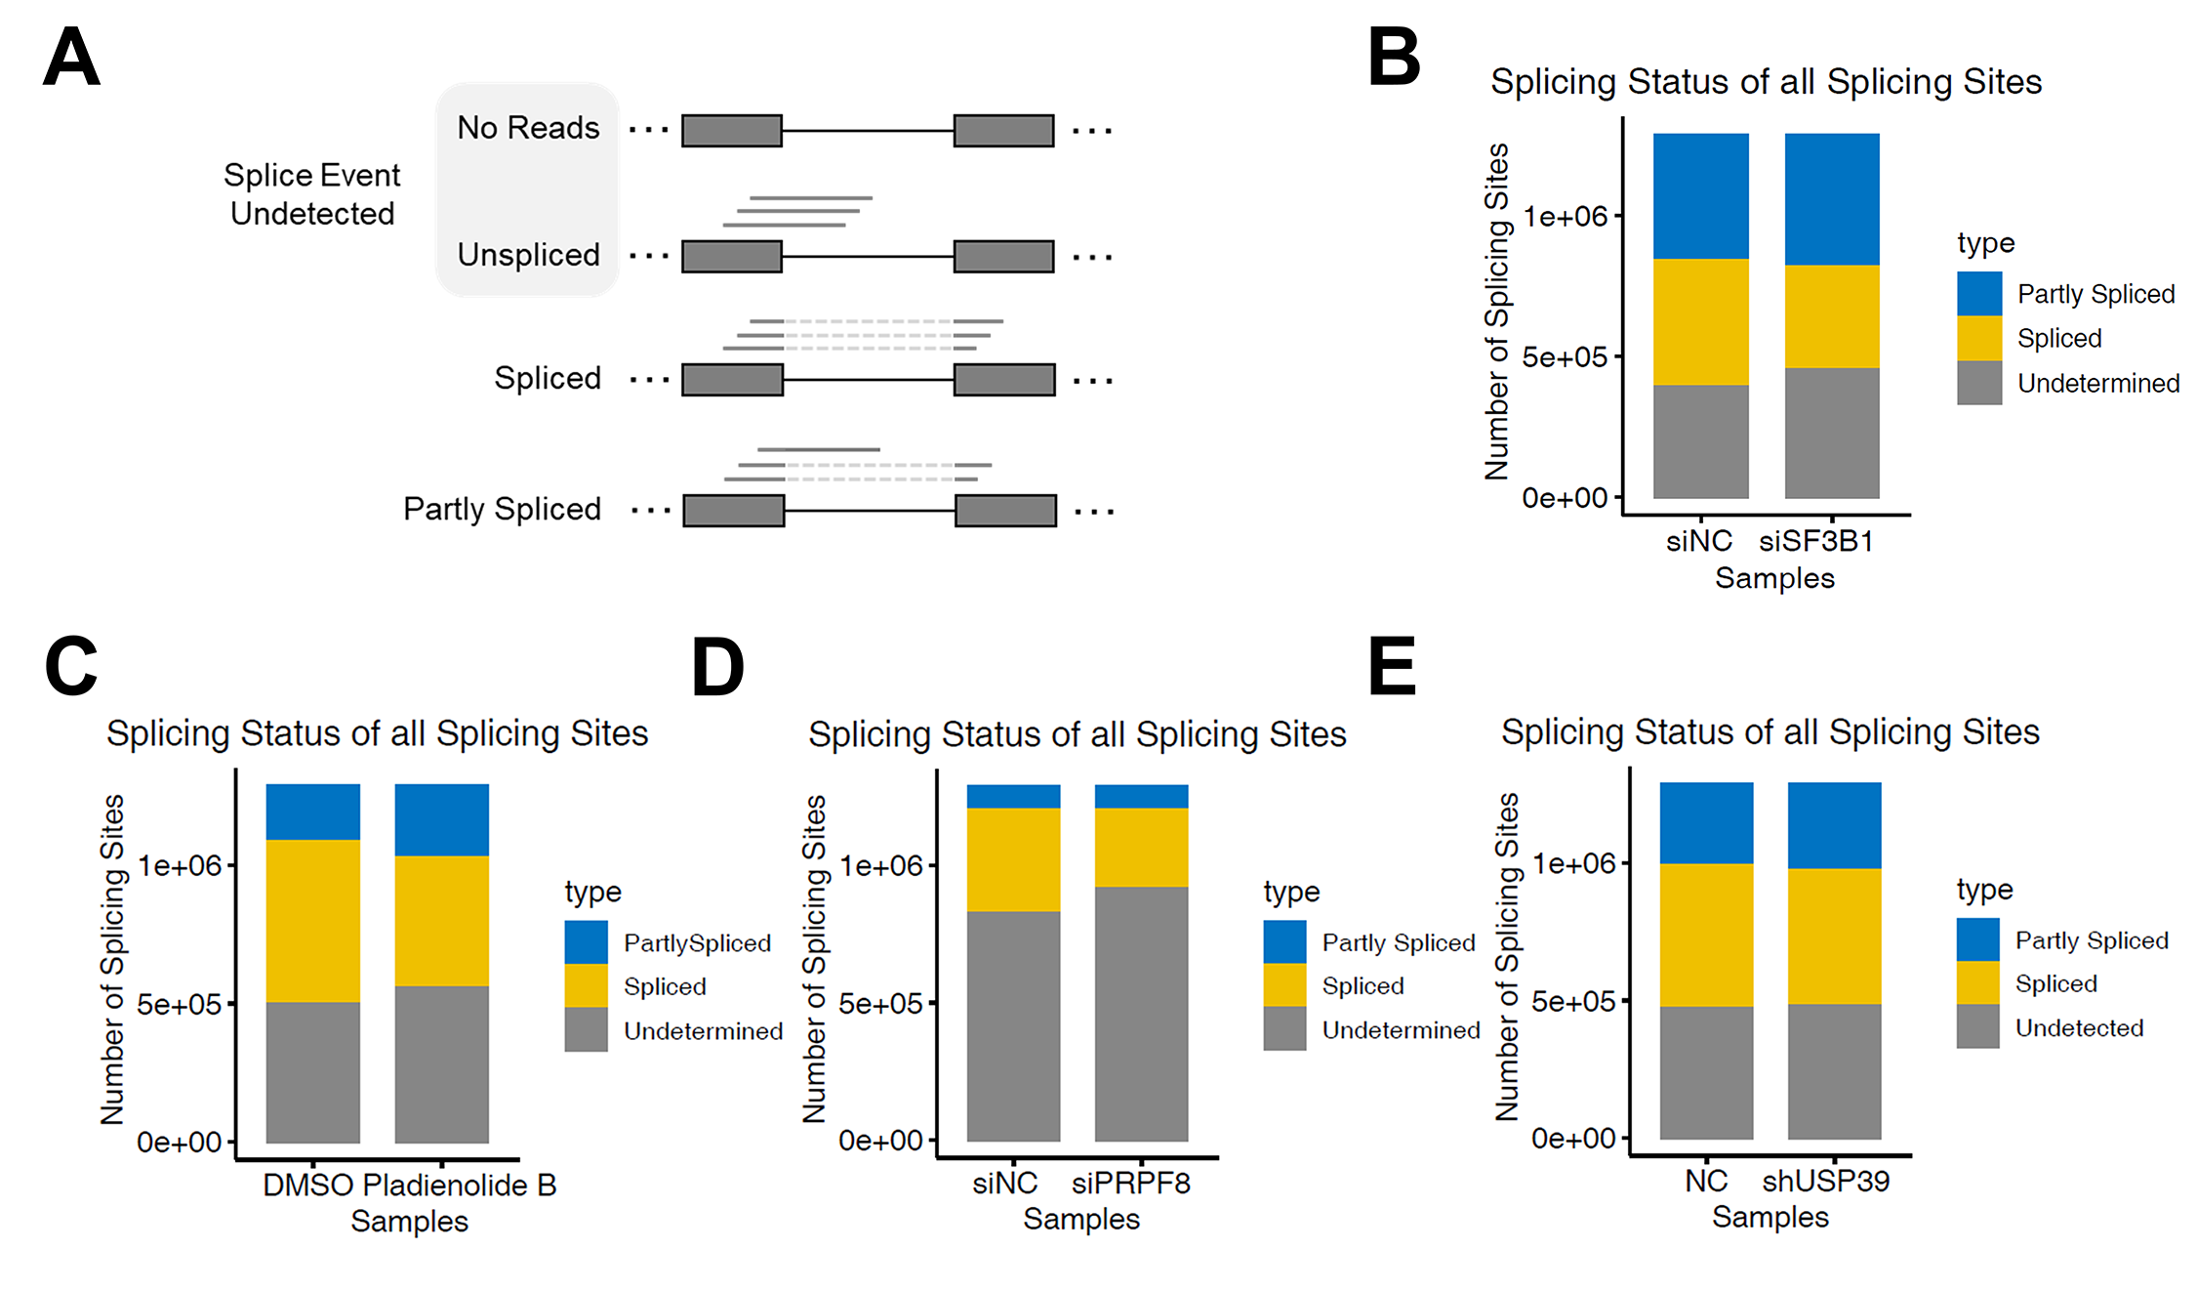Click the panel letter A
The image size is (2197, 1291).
click(71, 57)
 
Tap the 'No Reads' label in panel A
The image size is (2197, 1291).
click(528, 128)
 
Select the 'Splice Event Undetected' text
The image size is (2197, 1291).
click(312, 194)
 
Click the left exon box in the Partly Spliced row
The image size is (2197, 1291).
click(734, 511)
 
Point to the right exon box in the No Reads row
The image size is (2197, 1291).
click(1003, 131)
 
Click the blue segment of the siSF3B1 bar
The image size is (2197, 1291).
click(1832, 199)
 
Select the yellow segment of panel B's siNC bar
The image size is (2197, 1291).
click(1701, 321)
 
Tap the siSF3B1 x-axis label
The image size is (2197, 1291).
click(1816, 541)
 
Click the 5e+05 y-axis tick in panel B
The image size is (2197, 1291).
click(1565, 357)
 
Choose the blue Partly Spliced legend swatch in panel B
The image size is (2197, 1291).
click(1979, 294)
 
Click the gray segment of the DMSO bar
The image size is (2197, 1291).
click(313, 1071)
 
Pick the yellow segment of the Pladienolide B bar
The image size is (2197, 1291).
click(442, 921)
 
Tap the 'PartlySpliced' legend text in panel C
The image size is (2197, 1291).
click(697, 943)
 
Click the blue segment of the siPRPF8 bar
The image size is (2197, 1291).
click(1141, 797)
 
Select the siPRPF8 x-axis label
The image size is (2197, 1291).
click(1131, 1184)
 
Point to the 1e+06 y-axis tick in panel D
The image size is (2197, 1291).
click(881, 866)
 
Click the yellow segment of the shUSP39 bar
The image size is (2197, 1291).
click(1834, 936)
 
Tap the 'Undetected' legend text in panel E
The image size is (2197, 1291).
click(2079, 1028)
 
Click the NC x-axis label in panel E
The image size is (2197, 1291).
click(1706, 1182)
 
